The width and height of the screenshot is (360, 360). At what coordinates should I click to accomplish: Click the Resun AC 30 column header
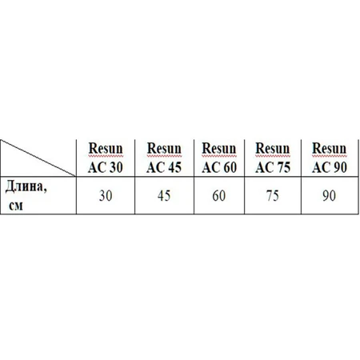point(106,158)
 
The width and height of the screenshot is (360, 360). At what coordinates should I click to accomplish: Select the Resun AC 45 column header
point(164,158)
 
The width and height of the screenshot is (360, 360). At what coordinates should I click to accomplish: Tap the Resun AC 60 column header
point(219,158)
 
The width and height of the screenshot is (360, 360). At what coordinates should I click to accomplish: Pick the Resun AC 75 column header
point(273,158)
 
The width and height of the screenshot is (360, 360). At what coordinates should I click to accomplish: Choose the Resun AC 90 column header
point(330,158)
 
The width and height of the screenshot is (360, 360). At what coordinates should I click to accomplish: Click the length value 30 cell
point(106,195)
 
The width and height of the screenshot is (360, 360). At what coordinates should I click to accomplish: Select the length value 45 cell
point(164,195)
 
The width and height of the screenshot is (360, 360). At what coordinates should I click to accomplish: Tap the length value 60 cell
point(219,195)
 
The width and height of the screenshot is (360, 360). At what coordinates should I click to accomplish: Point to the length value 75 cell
point(273,195)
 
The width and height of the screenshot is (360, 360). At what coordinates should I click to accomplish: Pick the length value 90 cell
point(330,195)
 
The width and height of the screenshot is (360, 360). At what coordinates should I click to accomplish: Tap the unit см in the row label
point(16,206)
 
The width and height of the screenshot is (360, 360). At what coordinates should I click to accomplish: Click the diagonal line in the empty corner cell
point(38,158)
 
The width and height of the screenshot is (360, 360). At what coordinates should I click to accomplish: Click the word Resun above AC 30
point(106,148)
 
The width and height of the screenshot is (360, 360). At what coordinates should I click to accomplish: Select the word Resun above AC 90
point(330,148)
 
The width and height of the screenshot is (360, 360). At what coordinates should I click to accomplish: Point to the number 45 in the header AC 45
point(175,167)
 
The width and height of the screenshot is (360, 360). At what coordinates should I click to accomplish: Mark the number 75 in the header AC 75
point(283,167)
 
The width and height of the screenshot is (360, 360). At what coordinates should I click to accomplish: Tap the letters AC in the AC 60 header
point(210,167)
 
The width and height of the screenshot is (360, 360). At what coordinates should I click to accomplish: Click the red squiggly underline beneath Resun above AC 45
point(164,155)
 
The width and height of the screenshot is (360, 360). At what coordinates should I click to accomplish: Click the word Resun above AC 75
point(273,148)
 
